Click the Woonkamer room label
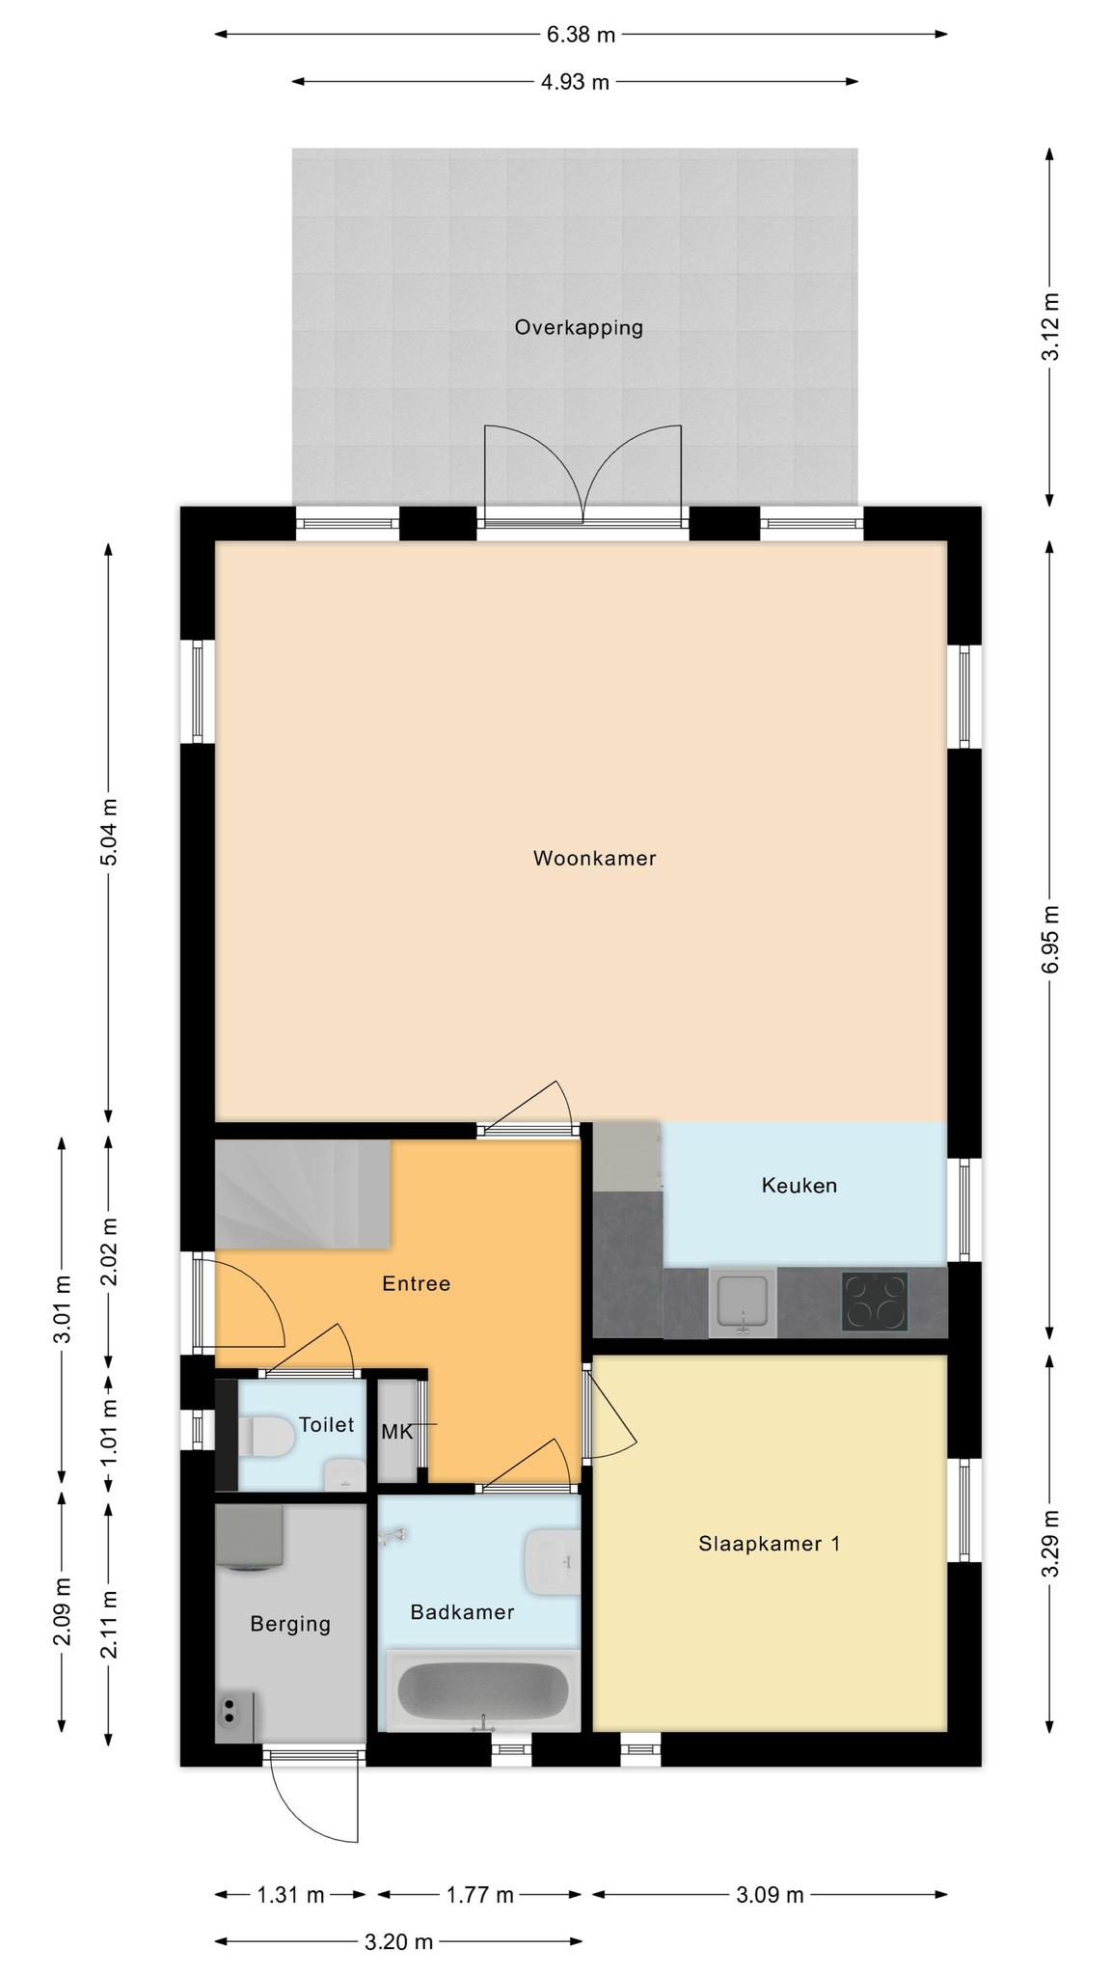click(x=594, y=858)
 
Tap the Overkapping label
click(x=579, y=327)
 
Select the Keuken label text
click(x=799, y=1185)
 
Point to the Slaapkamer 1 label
click(x=769, y=1544)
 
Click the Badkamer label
click(x=462, y=1611)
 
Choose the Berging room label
click(x=290, y=1624)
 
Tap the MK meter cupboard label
click(x=396, y=1432)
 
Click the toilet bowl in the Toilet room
click(x=270, y=1436)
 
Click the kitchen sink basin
click(x=743, y=1303)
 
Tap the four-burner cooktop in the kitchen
click(x=875, y=1302)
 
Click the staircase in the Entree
click(x=302, y=1194)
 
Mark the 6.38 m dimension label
click(x=581, y=35)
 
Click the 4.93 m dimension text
click(x=575, y=82)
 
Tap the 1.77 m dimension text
click(x=479, y=1895)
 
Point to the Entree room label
click(x=416, y=1284)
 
